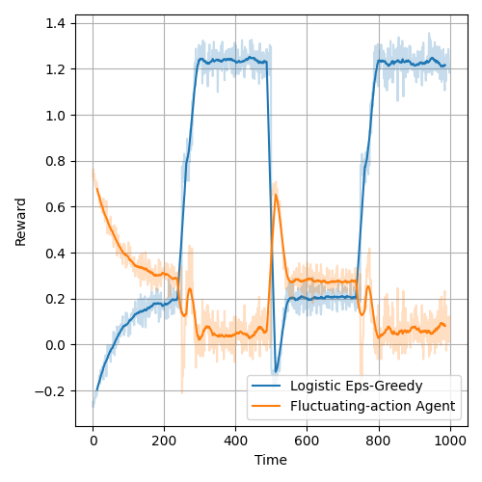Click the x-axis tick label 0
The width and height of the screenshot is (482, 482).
pos(94,442)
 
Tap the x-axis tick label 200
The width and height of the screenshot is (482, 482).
pos(165,442)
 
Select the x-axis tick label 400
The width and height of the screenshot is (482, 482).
pos(236,442)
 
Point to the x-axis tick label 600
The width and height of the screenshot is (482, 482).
pos(308,442)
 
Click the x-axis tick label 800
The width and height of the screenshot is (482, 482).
pos(379,442)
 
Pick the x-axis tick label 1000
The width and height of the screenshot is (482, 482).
pos(450,442)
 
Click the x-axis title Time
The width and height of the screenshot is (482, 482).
pos(271,461)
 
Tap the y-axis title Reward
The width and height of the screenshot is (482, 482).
pos(21,222)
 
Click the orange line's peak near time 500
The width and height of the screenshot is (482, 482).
pos(276,195)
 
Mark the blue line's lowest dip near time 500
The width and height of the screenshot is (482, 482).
pos(275,372)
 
